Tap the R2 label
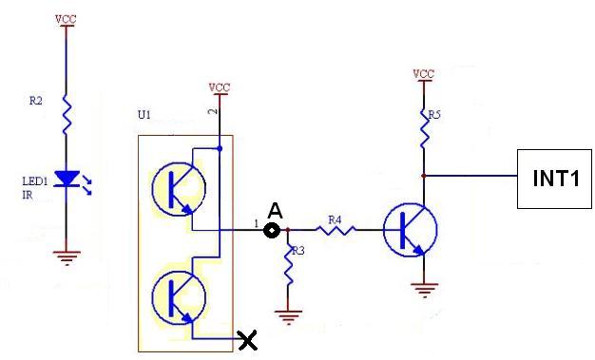(x=36, y=101)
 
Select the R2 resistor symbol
(x=67, y=115)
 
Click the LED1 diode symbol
(x=67, y=179)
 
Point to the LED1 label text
(x=35, y=181)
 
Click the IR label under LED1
(x=28, y=196)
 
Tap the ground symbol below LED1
(x=67, y=257)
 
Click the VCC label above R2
(x=66, y=19)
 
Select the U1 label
(x=144, y=115)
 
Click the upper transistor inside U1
(x=179, y=189)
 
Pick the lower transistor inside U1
(x=179, y=298)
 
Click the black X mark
(x=247, y=339)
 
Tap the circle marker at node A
(x=272, y=230)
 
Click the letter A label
(x=275, y=211)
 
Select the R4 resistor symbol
(x=336, y=230)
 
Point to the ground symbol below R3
(x=288, y=316)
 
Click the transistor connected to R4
(x=411, y=230)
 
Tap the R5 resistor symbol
(x=424, y=128)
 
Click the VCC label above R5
(x=424, y=73)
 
